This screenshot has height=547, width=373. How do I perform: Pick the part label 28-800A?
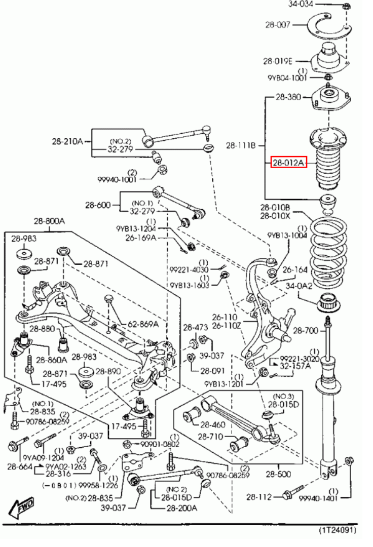point(49,221)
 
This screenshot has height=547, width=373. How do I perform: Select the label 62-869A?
point(142,324)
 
